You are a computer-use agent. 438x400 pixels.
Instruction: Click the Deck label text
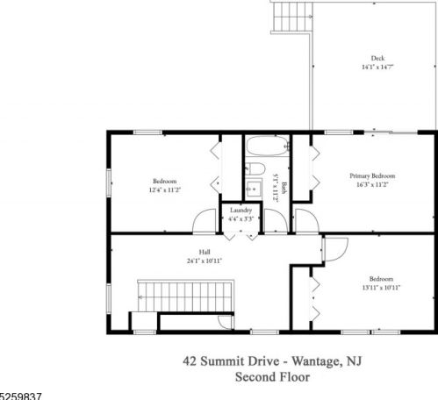pos(377,59)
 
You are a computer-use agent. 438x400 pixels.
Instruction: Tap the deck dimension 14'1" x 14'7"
pos(377,68)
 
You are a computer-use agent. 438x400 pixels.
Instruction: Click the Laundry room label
pos(241,211)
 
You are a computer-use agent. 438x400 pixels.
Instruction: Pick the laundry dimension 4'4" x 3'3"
pos(241,218)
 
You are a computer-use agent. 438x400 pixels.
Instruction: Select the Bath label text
pos(284,187)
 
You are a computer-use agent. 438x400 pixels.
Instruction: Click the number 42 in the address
pos(189,360)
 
